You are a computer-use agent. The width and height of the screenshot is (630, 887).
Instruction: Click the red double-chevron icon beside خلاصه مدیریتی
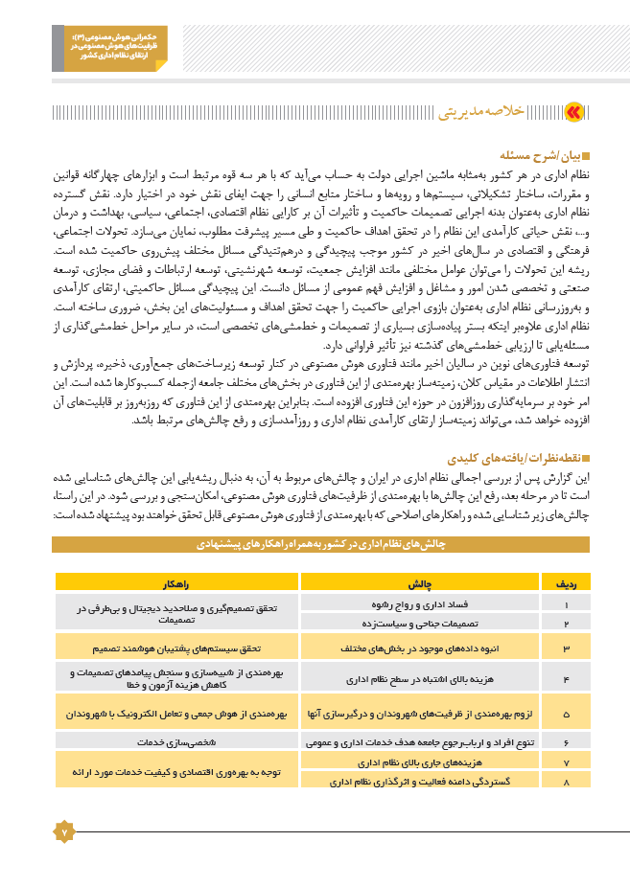tap(573, 112)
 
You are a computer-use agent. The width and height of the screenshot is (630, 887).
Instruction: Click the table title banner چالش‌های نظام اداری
tap(320, 544)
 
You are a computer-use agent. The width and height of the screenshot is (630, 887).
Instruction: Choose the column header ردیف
tap(567, 581)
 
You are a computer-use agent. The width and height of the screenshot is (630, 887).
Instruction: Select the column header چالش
tap(420, 581)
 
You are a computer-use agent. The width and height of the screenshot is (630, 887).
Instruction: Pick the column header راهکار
tap(176, 581)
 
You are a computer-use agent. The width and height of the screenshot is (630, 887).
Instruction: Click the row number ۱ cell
tap(567, 605)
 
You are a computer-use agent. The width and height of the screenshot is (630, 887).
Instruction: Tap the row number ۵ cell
tap(567, 714)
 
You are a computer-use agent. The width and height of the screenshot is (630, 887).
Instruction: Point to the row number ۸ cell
tap(567, 782)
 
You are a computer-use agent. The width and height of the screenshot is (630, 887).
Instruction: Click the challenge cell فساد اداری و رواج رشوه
tap(420, 605)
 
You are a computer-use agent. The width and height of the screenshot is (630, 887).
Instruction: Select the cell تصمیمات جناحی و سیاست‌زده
tap(420, 624)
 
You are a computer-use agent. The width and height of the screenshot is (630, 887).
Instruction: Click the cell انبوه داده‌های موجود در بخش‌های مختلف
tap(420, 648)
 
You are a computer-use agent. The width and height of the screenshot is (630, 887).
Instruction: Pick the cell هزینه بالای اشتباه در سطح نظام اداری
tap(420, 679)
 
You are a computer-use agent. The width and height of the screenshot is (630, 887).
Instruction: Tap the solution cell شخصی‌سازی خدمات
tap(176, 741)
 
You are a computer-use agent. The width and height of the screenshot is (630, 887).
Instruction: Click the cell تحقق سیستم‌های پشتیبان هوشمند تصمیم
tap(176, 648)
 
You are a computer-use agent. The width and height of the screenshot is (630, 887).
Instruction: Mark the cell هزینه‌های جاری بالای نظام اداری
tap(420, 762)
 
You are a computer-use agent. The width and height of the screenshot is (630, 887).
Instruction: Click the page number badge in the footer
tap(63, 831)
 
